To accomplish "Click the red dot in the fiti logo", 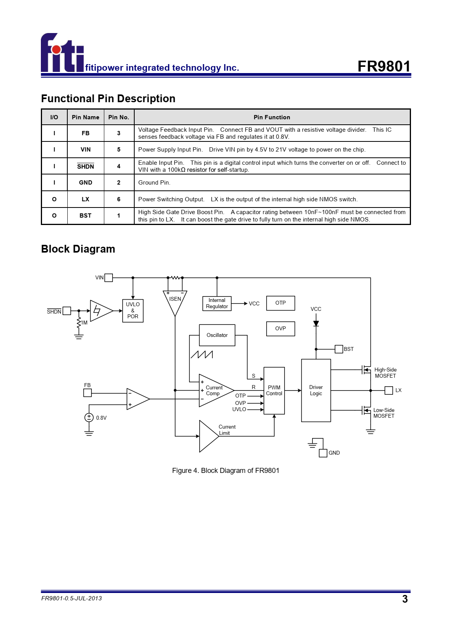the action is coord(56,50).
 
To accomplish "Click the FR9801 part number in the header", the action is coord(384,66).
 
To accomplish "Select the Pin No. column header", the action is coord(119,117).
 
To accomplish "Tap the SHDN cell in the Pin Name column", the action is coord(86,166).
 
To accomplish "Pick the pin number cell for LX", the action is coord(119,199).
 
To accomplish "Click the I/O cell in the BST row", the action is coord(54,216).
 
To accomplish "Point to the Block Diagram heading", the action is coord(78,249).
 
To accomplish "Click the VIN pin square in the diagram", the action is coord(109,278).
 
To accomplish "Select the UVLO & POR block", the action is coord(133,310).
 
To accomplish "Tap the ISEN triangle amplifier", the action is coord(175,302).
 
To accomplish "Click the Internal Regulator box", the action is coord(217,303).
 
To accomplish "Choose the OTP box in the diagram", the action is coord(281,303).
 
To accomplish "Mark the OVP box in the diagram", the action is coord(281,329).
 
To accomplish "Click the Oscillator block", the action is coord(217,335).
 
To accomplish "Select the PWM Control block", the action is coord(274,391).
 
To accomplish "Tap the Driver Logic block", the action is coord(316,390).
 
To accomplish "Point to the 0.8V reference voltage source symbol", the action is coord(89,417).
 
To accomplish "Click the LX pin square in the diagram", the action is coord(389,390).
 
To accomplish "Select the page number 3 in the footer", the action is coord(405,598).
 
